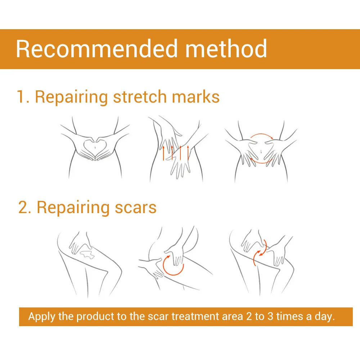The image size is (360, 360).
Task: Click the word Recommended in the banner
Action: pos(96,49)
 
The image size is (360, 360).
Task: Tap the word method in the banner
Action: pos(226,49)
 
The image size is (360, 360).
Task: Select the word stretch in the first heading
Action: pos(140,97)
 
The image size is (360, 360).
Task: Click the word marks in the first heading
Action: pos(195,97)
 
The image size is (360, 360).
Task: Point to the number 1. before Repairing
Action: pos(23,97)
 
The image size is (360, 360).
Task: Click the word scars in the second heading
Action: pos(135,208)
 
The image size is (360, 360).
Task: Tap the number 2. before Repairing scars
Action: pos(24,208)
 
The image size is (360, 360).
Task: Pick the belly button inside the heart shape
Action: pos(95,147)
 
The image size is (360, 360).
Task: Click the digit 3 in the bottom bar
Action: pos(270,316)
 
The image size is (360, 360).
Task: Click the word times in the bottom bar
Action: pos(290,316)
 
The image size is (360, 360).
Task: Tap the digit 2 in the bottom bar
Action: pos(249,316)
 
